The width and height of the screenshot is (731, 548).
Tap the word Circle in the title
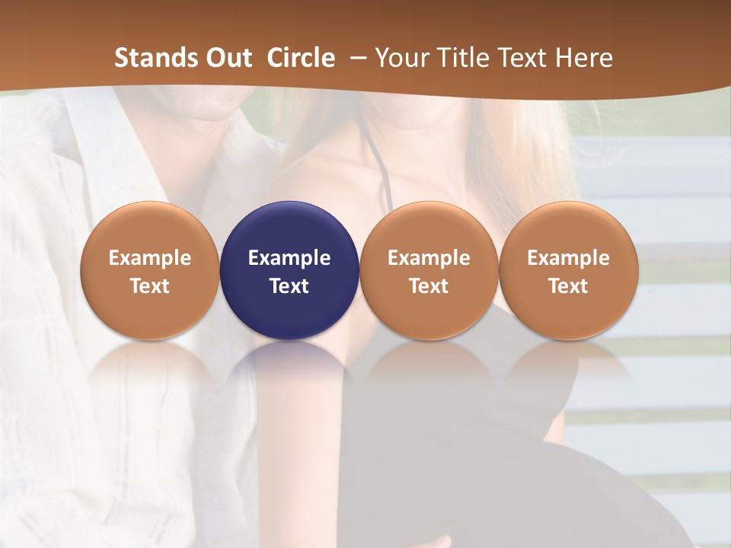coord(301,58)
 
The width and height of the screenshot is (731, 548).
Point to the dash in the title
coord(355,58)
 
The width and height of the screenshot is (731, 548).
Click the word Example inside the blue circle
coord(289,258)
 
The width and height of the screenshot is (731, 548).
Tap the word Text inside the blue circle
coord(289,286)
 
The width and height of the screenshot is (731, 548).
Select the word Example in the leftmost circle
coord(150,258)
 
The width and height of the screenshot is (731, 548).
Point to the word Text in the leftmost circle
coord(150,286)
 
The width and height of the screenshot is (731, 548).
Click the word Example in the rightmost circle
coord(568,258)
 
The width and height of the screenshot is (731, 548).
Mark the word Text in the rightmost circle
coord(568,286)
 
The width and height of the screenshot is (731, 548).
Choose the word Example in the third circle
coord(429,258)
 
